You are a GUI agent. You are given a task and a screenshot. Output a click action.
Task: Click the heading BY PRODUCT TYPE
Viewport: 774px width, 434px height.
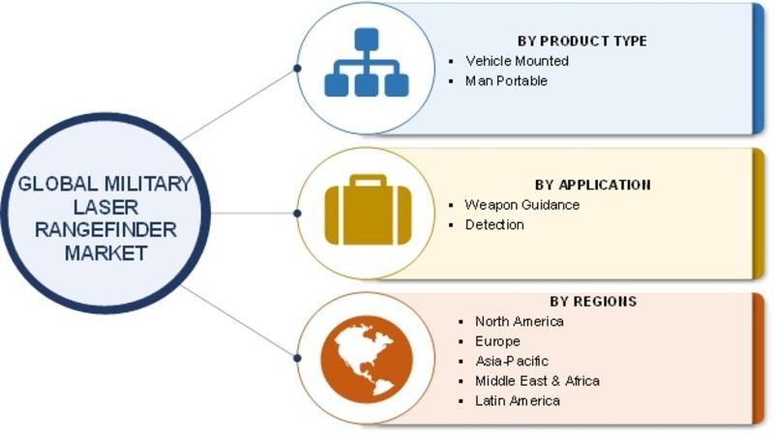[582, 41]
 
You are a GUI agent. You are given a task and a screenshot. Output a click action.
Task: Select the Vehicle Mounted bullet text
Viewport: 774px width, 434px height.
[517, 61]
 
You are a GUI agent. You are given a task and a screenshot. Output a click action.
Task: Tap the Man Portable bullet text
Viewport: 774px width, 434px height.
[506, 80]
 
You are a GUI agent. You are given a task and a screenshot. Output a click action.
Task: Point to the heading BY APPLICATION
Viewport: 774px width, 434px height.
[593, 185]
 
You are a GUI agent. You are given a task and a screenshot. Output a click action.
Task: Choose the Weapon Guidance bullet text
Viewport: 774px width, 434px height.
[522, 205]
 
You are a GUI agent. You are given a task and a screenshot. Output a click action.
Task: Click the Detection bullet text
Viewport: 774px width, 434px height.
[494, 225]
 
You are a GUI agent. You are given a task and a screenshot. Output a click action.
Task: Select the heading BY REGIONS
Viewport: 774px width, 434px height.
[593, 301]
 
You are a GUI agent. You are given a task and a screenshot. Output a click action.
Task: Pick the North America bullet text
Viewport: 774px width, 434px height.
[520, 321]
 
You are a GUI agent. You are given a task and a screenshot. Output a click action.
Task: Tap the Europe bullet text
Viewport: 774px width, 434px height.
[497, 341]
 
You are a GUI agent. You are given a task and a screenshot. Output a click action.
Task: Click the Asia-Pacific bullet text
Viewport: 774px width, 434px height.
[512, 361]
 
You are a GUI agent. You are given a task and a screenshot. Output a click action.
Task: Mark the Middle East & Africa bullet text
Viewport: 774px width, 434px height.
[538, 381]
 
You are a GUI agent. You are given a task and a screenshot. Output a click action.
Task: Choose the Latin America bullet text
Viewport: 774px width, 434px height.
[518, 400]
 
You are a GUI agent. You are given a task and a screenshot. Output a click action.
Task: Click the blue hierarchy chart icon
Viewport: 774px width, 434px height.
[367, 62]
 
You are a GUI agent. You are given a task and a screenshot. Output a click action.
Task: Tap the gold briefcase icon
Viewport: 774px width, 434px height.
[368, 210]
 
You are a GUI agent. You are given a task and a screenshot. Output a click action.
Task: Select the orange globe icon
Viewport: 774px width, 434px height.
[367, 357]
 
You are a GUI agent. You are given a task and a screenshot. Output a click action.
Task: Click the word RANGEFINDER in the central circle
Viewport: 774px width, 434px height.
[105, 230]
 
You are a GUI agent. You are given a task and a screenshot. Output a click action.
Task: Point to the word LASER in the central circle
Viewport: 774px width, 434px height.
[105, 207]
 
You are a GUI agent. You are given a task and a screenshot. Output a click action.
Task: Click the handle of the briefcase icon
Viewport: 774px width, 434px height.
[368, 181]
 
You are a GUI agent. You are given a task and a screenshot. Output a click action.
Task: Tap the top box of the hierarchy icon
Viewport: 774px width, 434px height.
[367, 40]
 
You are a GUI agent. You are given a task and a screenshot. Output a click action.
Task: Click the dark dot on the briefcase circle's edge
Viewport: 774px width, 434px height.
[297, 213]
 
